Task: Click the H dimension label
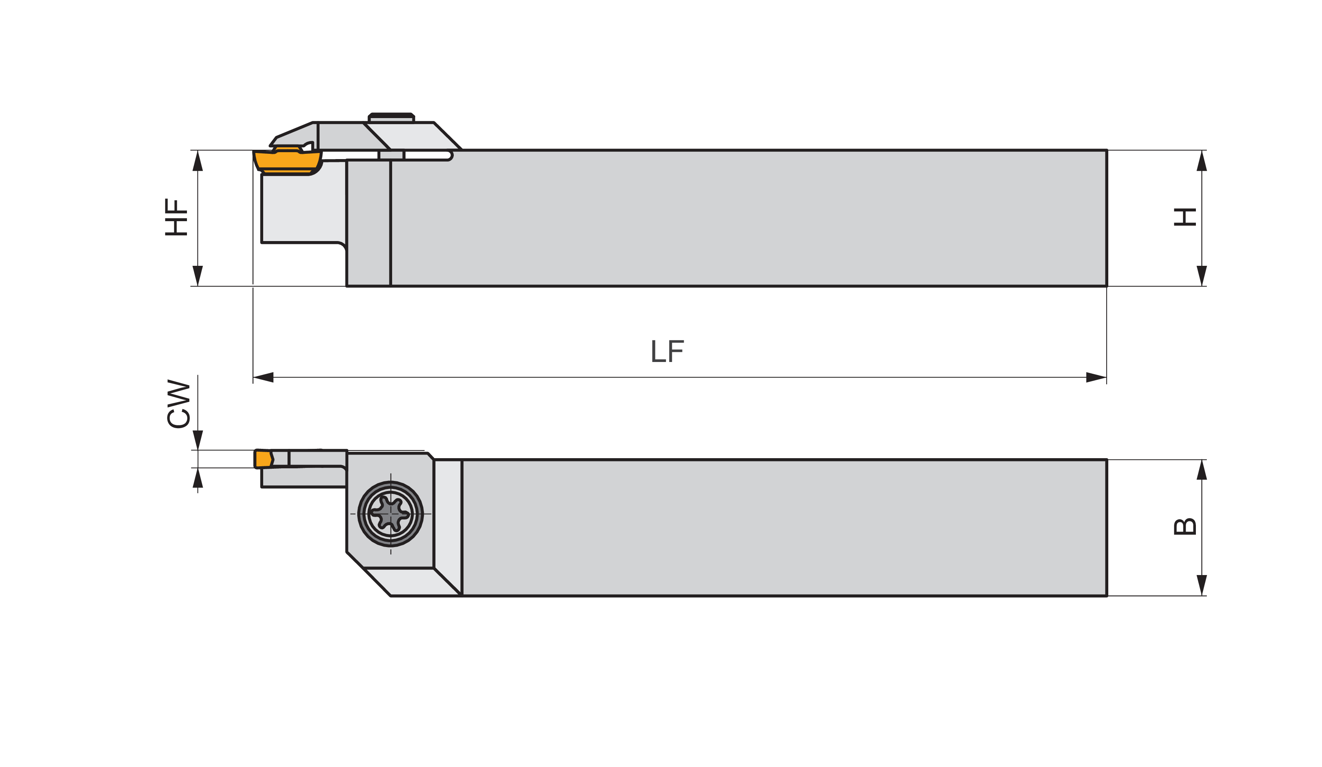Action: coord(1185,218)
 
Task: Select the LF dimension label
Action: coord(667,351)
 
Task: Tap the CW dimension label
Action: coord(178,404)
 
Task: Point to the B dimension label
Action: coord(1185,527)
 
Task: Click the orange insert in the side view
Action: coord(288,160)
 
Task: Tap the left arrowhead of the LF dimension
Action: coord(263,377)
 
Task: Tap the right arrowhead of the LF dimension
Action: coord(1096,377)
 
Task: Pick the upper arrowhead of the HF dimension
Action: coord(198,161)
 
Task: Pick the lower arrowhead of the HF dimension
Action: coord(198,276)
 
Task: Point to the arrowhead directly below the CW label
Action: coord(198,440)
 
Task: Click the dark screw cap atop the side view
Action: coord(391,116)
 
